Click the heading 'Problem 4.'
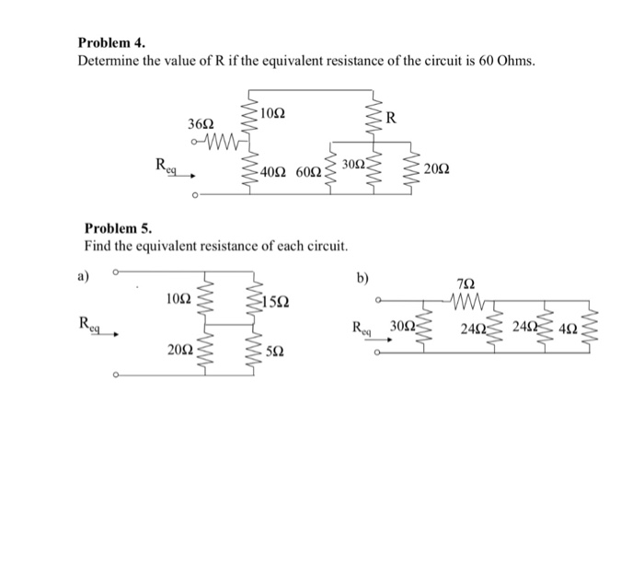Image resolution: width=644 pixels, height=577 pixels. click(x=112, y=43)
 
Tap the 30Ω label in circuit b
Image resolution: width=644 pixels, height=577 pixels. click(x=401, y=327)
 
